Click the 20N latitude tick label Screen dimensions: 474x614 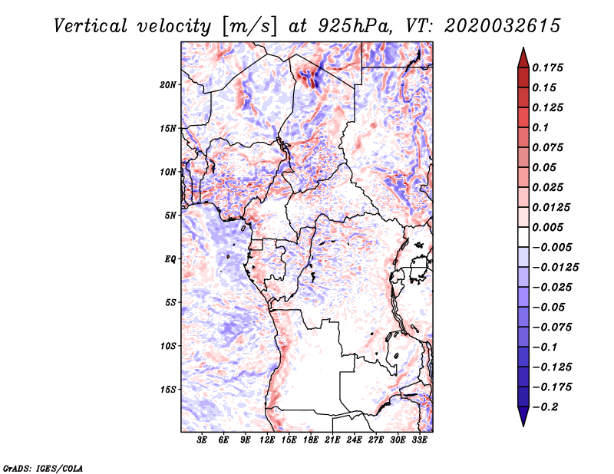(168, 84)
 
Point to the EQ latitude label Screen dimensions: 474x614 (170, 258)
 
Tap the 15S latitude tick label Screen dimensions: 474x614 (168, 389)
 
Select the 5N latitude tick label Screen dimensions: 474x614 (170, 215)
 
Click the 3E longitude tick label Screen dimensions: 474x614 (203, 440)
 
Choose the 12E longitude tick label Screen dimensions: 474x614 (268, 440)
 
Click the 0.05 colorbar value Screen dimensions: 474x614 (545, 167)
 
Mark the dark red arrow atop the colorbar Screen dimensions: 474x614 (522, 57)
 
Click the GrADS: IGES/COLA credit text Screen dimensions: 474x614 (43, 467)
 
